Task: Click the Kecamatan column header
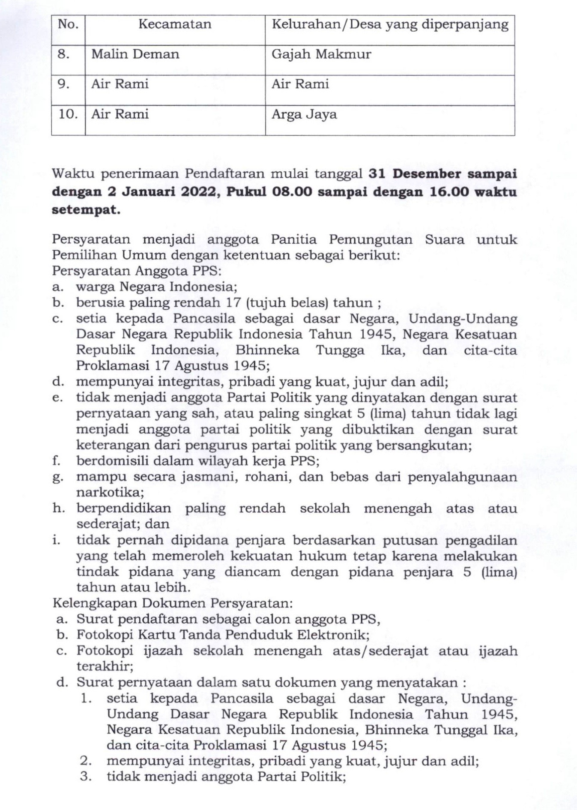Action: (175, 24)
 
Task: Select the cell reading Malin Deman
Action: (135, 54)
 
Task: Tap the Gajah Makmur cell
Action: (321, 54)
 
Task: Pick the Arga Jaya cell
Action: (304, 115)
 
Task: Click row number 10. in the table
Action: (68, 114)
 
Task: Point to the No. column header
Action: (68, 24)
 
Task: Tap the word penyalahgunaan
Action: (462, 477)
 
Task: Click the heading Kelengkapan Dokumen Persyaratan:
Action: (173, 603)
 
